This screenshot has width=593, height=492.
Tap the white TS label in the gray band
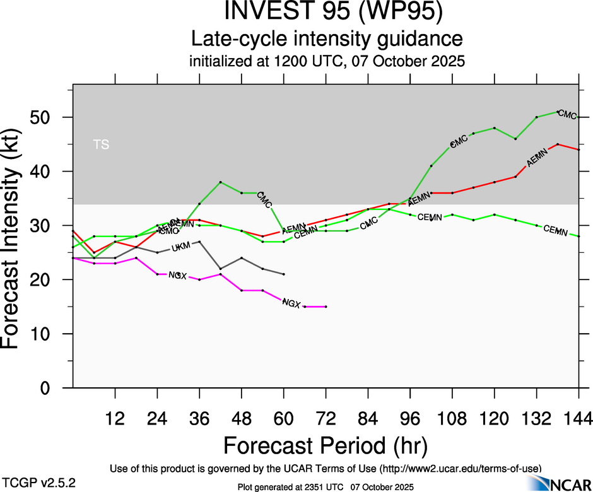[x=101, y=144]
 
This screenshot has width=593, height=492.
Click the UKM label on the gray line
[x=180, y=248]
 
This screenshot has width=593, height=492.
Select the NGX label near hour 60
[x=291, y=303]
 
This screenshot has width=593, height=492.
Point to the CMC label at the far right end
[x=568, y=115]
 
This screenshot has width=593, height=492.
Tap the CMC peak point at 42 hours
[x=220, y=182]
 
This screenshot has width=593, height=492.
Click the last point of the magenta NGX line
[x=326, y=307]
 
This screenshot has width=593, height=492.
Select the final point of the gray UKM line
[x=284, y=274]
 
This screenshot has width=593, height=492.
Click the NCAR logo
[x=561, y=484]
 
